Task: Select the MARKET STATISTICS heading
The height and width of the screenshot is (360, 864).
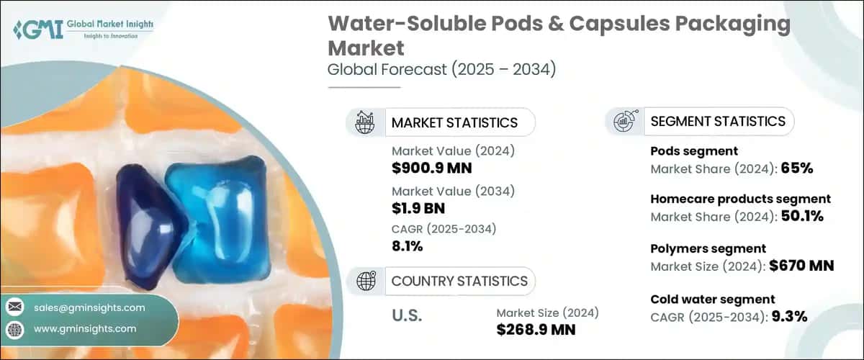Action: [x=454, y=122]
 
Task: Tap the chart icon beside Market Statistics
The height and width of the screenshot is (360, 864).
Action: [x=366, y=122]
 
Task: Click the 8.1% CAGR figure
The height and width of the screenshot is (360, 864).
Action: [x=408, y=246]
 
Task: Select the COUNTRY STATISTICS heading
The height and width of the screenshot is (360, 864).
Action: [x=459, y=281]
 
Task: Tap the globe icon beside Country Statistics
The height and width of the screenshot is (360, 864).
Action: [x=366, y=281]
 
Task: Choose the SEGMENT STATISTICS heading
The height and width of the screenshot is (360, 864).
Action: [x=717, y=121]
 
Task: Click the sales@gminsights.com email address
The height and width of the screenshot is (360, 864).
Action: [x=89, y=307]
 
